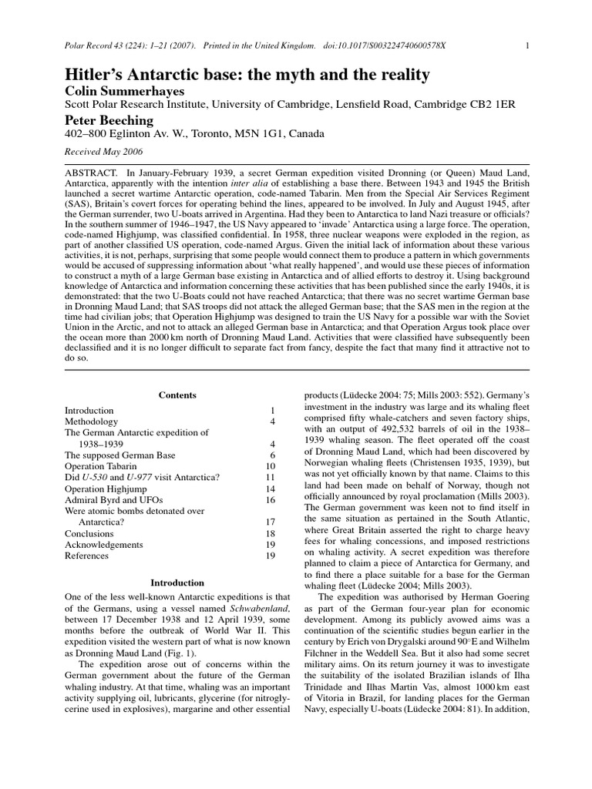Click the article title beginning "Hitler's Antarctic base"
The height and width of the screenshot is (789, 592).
(x=247, y=76)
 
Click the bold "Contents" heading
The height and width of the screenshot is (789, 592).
(x=177, y=395)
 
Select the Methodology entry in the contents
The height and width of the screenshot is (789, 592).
(x=91, y=421)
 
